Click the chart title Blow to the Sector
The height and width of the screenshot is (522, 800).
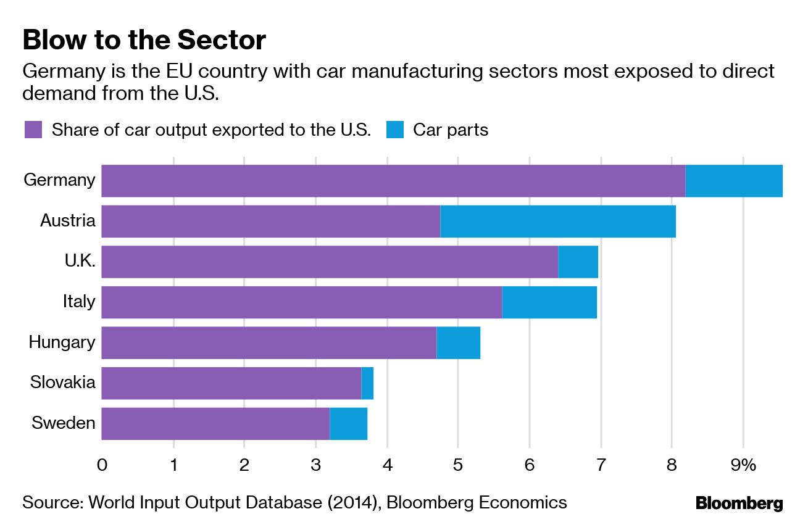[x=144, y=41]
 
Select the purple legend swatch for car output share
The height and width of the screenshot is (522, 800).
[x=33, y=130]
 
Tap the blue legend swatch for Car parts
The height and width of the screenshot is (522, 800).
[x=395, y=130]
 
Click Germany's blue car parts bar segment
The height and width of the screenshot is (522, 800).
[x=733, y=181]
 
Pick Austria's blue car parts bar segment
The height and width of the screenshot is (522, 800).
[x=557, y=222]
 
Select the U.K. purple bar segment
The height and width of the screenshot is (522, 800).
[x=329, y=262]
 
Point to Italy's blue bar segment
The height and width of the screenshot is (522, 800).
[x=549, y=302]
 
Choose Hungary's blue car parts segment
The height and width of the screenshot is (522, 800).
[x=458, y=343]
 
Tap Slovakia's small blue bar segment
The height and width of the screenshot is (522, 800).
[x=367, y=383]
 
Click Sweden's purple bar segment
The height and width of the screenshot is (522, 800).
[x=215, y=424]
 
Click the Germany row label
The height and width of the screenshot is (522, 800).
[x=60, y=180]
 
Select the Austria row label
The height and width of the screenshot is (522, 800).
[x=68, y=221]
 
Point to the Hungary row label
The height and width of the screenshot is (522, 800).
[x=62, y=342]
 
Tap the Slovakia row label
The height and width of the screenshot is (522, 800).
[x=63, y=383]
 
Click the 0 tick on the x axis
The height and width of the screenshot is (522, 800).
[x=102, y=465]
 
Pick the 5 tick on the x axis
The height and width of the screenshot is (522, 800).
[x=458, y=465]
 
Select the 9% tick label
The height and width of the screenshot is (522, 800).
[x=743, y=465]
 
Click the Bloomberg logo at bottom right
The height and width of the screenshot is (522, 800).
[x=739, y=503]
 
